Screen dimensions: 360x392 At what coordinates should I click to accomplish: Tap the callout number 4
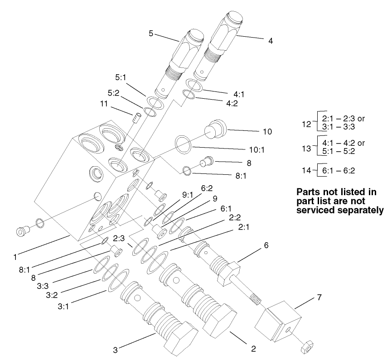271,41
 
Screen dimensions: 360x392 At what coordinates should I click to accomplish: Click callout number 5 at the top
151,33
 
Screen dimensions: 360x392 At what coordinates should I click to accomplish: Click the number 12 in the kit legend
306,124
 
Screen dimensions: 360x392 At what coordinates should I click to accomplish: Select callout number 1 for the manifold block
16,257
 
